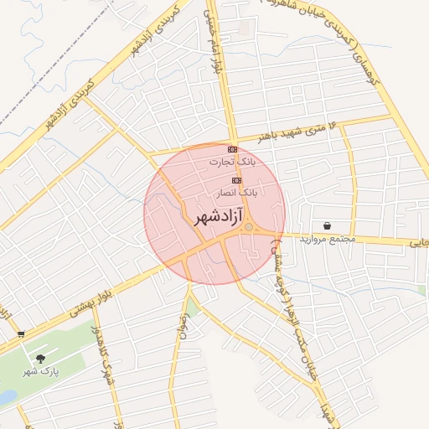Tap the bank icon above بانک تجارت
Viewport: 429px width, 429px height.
point(232,149)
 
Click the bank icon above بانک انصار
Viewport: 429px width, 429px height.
point(236,180)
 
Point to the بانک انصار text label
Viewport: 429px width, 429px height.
point(236,192)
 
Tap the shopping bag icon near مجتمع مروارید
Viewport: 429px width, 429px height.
point(325,225)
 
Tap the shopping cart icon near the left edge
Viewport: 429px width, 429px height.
point(20,333)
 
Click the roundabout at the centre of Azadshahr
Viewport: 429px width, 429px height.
point(249,227)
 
